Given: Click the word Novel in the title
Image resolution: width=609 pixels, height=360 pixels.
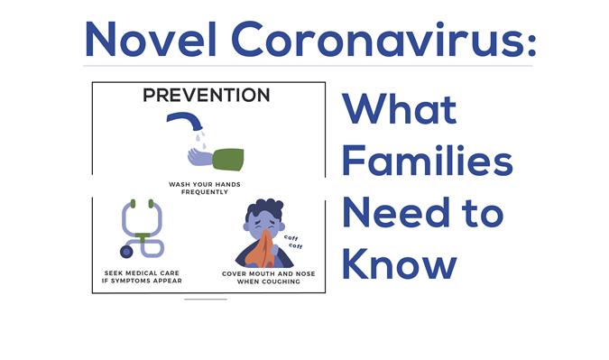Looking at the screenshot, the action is [151, 39].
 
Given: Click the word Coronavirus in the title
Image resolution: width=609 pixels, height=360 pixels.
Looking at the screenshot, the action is [374, 39].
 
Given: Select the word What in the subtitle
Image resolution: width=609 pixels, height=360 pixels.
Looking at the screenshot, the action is [400, 108].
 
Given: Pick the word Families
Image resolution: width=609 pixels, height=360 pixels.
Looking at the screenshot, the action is [428, 160].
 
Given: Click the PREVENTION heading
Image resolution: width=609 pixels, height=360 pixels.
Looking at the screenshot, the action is [207, 95].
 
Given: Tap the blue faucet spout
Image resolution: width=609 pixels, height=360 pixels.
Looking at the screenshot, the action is [185, 120].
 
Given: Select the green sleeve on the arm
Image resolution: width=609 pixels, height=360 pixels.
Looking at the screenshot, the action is [228, 159].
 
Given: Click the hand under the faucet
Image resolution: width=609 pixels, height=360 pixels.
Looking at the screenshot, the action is [199, 156].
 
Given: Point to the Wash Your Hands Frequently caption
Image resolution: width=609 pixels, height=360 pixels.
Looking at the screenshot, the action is [205, 188].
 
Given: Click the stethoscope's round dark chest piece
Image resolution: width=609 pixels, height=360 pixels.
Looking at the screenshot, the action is [126, 252].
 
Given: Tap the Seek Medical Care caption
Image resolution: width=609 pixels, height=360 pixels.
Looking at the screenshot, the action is [142, 276].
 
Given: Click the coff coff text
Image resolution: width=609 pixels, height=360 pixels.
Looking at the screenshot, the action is [293, 242].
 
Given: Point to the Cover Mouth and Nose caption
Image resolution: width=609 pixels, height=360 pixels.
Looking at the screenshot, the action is [268, 277].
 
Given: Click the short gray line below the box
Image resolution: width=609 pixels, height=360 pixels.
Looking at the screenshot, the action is [206, 300].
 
